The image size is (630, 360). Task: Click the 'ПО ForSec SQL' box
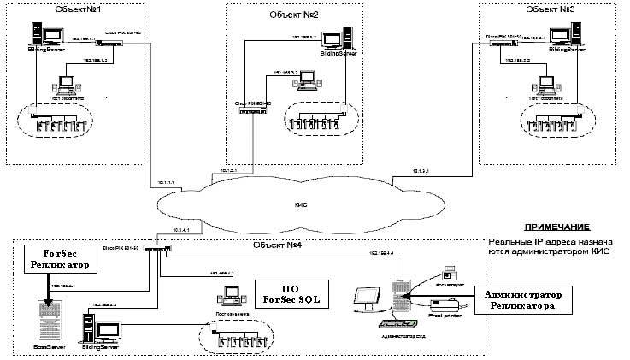pos(291,292)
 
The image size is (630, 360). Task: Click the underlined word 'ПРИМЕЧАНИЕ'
pos(556,227)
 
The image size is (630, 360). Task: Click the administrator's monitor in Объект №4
pos(369,299)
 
